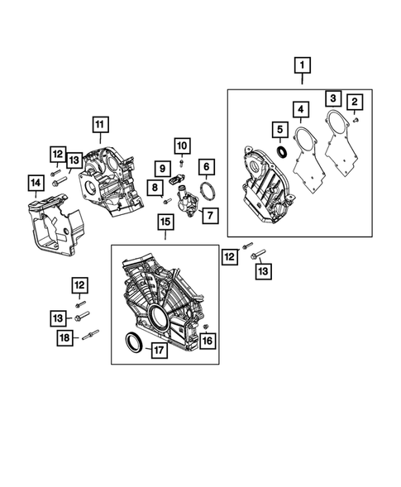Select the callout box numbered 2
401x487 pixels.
tap(356, 102)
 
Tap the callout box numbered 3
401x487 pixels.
tap(333, 98)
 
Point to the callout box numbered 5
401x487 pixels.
tap(280, 130)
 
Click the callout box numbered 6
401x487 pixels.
tap(206, 167)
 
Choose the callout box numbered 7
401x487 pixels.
tap(208, 217)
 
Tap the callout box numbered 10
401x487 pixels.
tap(182, 146)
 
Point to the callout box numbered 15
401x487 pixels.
tap(165, 222)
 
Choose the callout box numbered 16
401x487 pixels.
tap(207, 339)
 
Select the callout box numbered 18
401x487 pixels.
tap(64, 337)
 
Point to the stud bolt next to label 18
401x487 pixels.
tap(90, 334)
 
